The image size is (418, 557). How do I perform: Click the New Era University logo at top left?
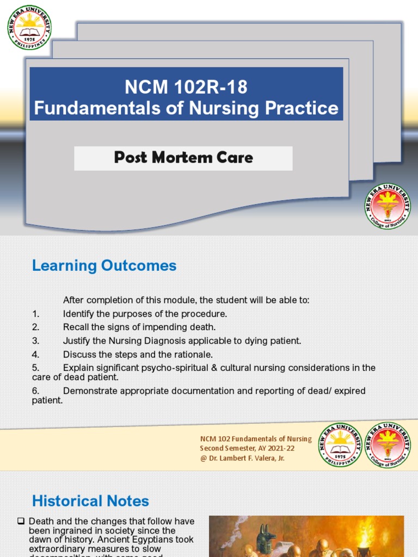tap(29, 27)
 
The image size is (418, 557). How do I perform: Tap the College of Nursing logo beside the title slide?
tap(388, 206)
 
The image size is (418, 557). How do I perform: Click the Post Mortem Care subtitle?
tap(183, 158)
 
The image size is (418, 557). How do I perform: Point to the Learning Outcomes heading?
tap(104, 265)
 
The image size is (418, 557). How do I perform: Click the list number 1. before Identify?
tap(35, 314)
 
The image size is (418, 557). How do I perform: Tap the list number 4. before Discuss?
tap(35, 355)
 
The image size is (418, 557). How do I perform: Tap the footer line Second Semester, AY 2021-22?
tap(243, 448)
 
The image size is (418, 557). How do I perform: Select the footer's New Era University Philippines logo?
tap(340, 444)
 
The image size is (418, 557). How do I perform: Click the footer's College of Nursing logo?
tap(387, 444)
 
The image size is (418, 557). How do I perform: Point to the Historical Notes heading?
tap(90, 501)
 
